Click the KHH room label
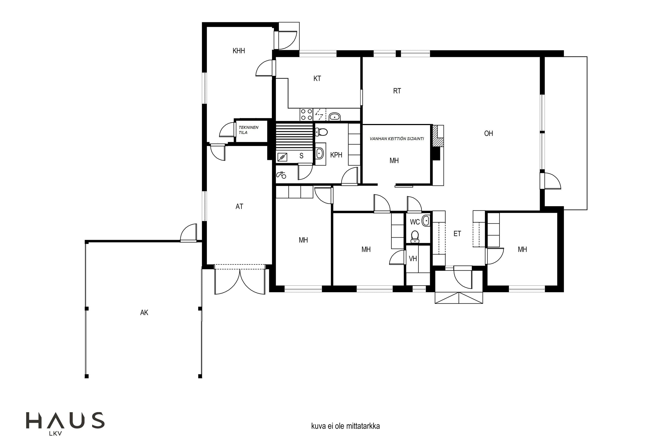[239, 51]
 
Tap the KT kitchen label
[317, 78]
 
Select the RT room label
[397, 91]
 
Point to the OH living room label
[488, 133]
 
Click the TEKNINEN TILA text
[248, 130]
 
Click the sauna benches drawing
[294, 136]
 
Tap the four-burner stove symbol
[306, 114]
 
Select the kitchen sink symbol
[335, 116]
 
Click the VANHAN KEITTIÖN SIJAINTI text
[397, 139]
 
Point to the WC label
[415, 222]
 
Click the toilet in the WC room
[415, 237]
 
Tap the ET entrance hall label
[457, 233]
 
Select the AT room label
[239, 206]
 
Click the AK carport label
[144, 312]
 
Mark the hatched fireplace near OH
[438, 136]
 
